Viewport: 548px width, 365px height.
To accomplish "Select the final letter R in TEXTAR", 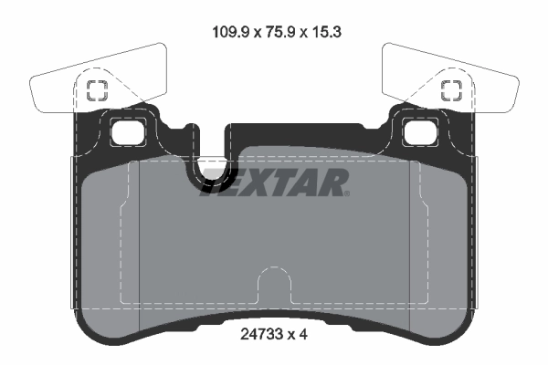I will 335,182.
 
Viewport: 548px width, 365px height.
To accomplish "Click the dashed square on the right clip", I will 450,89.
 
